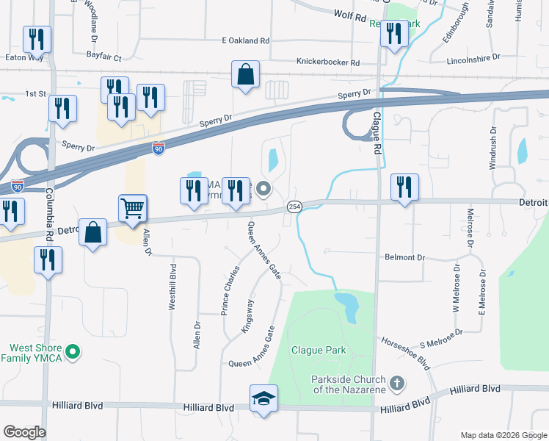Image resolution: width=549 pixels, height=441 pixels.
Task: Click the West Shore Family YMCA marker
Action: pos(72,353)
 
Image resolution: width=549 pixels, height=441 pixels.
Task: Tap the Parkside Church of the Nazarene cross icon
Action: pos(397,382)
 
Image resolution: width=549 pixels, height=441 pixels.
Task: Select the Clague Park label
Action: pos(317,350)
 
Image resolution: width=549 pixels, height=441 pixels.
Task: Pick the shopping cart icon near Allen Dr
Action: pos(133,208)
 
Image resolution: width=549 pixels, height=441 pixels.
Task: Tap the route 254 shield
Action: pos(294,208)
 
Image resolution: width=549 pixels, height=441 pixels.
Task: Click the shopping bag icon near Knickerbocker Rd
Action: pos(246,74)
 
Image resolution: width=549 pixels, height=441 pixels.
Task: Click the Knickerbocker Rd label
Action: pos(327,63)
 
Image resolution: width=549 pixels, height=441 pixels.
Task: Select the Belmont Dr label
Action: pos(405,258)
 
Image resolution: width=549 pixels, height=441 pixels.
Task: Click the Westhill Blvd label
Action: pos(172,287)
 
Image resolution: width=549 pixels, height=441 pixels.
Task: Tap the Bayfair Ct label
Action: pos(103,57)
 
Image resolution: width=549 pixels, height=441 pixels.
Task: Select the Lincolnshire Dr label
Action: pos(473,57)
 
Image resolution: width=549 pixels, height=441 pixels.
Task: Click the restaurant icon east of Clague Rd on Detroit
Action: pos(404,187)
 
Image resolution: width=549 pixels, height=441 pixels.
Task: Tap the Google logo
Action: pos(24,432)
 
